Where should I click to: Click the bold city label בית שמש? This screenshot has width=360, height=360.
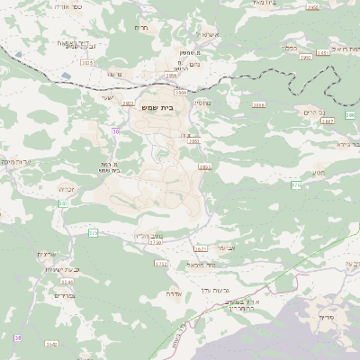158,107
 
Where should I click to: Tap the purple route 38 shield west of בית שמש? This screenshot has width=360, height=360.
115,131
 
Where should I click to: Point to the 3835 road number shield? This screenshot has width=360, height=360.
86,62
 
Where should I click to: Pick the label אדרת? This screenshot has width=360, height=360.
175,293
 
